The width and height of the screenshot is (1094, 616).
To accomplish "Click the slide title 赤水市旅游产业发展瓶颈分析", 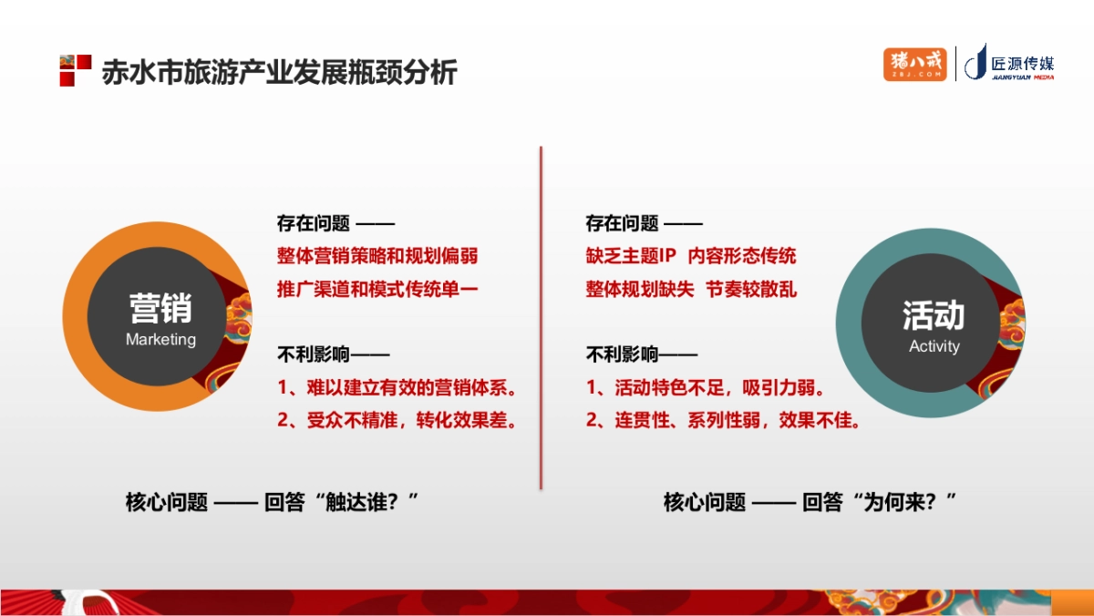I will click(279, 71).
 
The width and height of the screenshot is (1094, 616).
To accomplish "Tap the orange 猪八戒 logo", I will click(914, 64).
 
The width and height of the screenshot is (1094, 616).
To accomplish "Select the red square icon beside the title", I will click(75, 70).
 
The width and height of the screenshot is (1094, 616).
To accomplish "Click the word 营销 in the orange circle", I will click(160, 308).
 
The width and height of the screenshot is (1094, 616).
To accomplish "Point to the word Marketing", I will click(160, 339).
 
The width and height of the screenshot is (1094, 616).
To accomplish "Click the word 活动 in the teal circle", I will click(934, 315).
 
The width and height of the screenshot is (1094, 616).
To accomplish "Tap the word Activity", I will click(934, 346).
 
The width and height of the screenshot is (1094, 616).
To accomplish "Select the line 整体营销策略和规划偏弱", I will click(377, 255).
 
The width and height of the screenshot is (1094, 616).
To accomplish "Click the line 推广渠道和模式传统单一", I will click(377, 289).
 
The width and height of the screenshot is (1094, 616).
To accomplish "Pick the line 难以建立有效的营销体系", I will click(397, 387).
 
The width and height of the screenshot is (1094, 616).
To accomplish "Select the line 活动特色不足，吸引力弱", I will click(707, 387).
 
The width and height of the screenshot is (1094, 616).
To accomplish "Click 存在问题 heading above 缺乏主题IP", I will click(622, 222).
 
